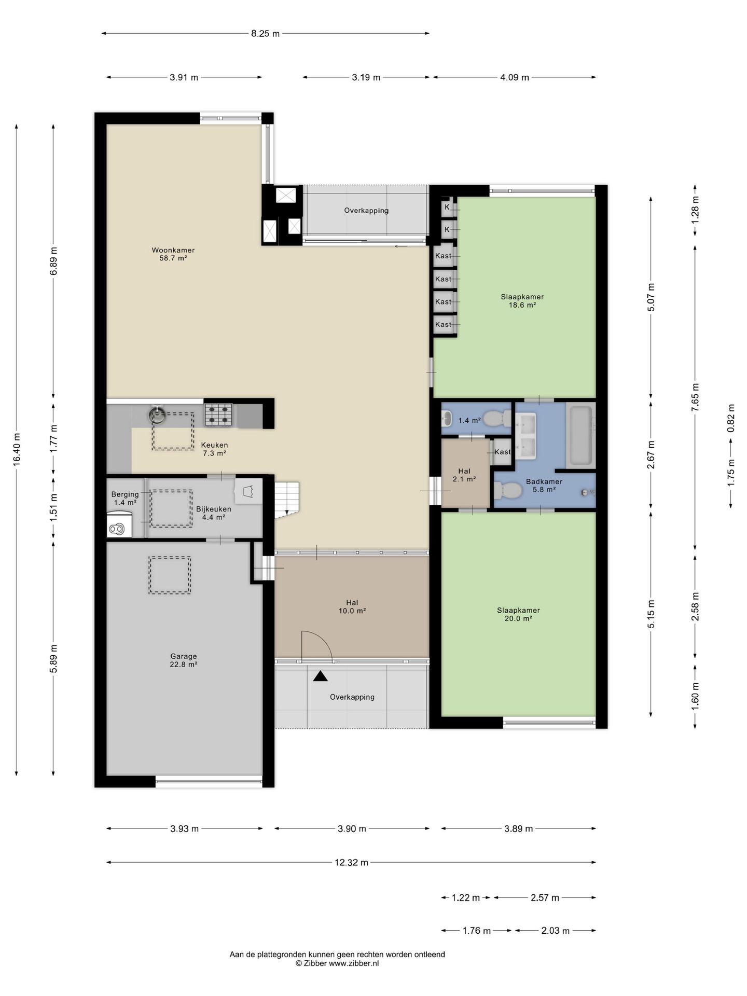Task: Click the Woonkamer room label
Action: [173, 254]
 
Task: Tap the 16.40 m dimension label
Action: [17, 449]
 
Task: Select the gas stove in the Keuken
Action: [218, 415]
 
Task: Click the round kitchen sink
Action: [158, 414]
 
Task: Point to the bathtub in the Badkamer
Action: [581, 435]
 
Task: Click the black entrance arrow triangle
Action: [321, 676]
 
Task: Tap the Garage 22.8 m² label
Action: [184, 660]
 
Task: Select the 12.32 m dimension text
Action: [352, 863]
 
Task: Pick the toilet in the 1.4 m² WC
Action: [499, 419]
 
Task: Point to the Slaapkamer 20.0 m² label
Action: [518, 614]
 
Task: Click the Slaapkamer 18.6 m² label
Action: [522, 301]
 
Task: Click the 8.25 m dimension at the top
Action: [266, 34]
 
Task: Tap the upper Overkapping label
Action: [366, 211]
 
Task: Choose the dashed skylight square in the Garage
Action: [170, 575]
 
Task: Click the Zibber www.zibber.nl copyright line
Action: [337, 963]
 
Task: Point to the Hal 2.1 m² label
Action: [464, 475]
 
